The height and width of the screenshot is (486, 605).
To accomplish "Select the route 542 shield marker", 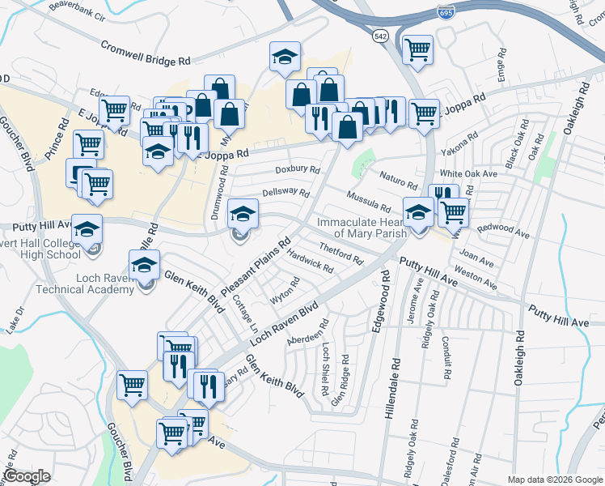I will coord(380,36).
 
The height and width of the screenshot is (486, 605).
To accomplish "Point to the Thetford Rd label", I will coord(341,253).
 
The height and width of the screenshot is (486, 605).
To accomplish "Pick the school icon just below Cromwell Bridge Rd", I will coord(285,58).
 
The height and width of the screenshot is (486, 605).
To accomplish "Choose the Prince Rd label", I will coord(61,132).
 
